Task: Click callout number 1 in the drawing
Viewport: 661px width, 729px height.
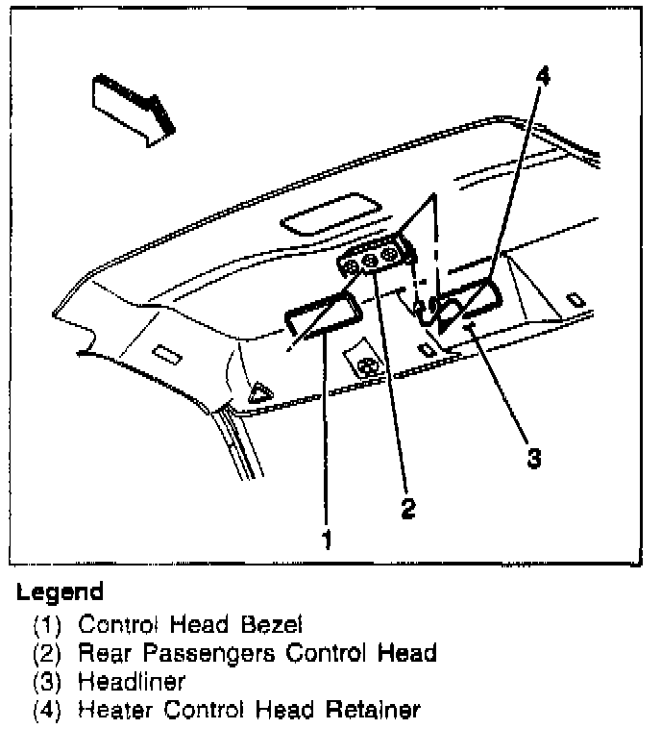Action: [x=327, y=540]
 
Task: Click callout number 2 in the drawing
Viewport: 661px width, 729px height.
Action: [x=408, y=509]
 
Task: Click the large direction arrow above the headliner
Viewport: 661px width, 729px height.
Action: [x=131, y=104]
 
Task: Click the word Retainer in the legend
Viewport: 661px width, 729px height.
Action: [x=375, y=711]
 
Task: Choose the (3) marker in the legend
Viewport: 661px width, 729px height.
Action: [x=48, y=682]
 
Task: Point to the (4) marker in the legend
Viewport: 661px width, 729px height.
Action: [x=48, y=712]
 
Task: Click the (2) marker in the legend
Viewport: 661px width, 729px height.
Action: [x=48, y=653]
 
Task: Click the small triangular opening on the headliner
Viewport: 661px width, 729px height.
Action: [x=258, y=390]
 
